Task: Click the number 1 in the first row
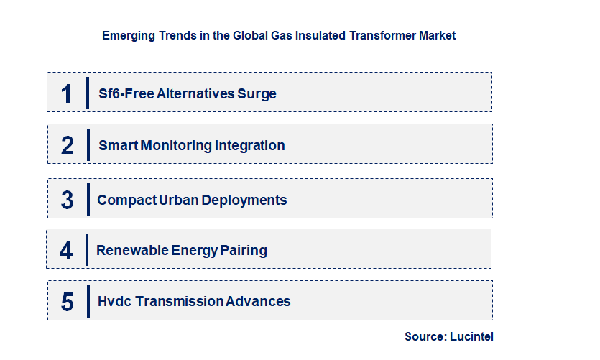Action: tap(67, 93)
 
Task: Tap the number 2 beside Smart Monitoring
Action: tap(68, 145)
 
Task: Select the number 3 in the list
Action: tap(68, 200)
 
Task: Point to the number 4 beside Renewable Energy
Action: tap(66, 251)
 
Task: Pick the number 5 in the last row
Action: tap(68, 302)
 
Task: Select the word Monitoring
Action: tap(176, 145)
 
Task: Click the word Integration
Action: tap(250, 145)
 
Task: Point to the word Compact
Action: tap(126, 200)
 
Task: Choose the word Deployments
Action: tap(244, 200)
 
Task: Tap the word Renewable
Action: tap(133, 251)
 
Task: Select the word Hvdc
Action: tap(113, 302)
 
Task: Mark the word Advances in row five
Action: tap(258, 302)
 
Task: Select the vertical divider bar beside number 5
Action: tap(87, 300)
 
